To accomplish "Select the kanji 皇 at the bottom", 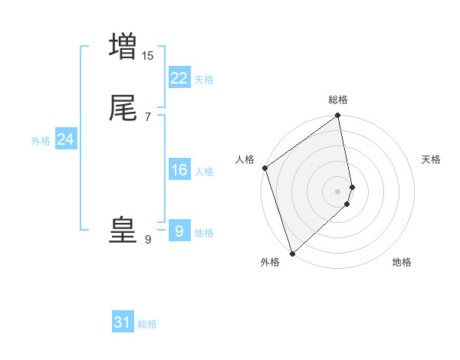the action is tap(123, 231).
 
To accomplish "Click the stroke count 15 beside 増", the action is tap(148, 55).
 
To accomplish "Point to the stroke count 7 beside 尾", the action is tap(148, 117).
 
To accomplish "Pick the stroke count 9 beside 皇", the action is tap(148, 240).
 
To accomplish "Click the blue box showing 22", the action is tap(179, 78).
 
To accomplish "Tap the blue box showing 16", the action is tap(179, 170).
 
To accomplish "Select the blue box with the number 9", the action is tap(179, 231).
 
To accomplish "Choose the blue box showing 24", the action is tap(65, 139).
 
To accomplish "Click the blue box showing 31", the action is tap(123, 322).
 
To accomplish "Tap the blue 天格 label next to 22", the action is tap(204, 80).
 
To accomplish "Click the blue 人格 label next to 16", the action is tap(204, 172).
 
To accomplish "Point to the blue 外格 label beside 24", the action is tap(41, 141).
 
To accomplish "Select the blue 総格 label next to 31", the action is tap(147, 324).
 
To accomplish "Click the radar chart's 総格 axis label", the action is tap(338, 100).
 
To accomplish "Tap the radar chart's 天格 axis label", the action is tap(432, 159).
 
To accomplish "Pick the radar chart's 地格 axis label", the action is tap(402, 262).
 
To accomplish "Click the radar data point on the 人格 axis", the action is tap(264, 168).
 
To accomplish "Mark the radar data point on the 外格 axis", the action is tap(291, 252).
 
